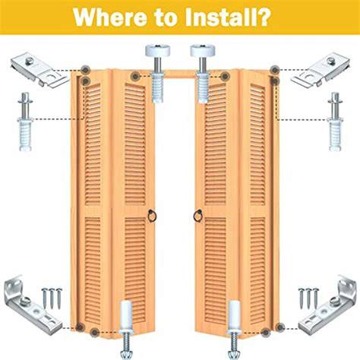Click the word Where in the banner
coord(109,17)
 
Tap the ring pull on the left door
coord(153,216)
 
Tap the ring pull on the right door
coord(198,216)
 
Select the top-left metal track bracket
coord(39,70)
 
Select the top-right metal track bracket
coord(321,69)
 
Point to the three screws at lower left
coord(52,298)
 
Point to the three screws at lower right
coord(308,298)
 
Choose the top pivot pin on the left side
coord(25,122)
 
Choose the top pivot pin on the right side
coord(336,122)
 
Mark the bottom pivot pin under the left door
coord(126,329)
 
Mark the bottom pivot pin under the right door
coord(234,329)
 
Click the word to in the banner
coord(166,17)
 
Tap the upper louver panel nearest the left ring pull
coord(135,144)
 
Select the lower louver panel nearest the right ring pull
coord(216,271)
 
